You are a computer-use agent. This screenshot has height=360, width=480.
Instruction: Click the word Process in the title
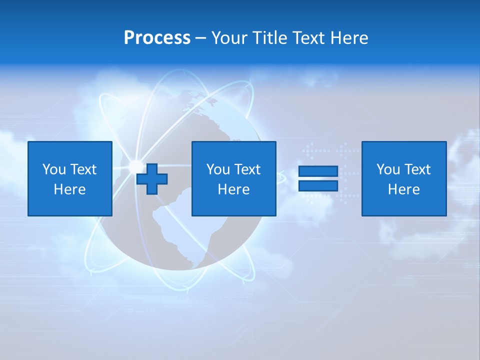coord(157,38)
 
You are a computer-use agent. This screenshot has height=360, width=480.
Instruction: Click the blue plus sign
coord(152,179)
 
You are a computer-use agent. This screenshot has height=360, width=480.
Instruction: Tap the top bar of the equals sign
coord(318,171)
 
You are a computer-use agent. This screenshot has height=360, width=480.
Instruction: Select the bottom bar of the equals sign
coord(318,185)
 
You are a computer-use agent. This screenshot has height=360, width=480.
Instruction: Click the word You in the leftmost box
coord(53,169)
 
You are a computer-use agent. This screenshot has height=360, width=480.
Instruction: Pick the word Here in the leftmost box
coord(70,189)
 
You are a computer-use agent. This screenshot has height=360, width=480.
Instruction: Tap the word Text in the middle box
coord(247,169)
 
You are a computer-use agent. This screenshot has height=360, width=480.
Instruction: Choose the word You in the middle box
coord(218,169)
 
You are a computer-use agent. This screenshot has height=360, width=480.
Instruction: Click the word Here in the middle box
coord(234,189)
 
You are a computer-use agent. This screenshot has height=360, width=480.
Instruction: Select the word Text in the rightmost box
coord(417,169)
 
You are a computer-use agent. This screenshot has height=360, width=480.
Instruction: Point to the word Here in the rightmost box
coord(404,189)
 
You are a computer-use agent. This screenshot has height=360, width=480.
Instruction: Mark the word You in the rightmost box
coord(388,169)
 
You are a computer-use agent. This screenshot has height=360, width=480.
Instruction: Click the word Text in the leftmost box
coord(83,169)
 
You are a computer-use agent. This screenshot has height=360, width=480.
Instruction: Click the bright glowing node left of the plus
coord(135,165)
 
